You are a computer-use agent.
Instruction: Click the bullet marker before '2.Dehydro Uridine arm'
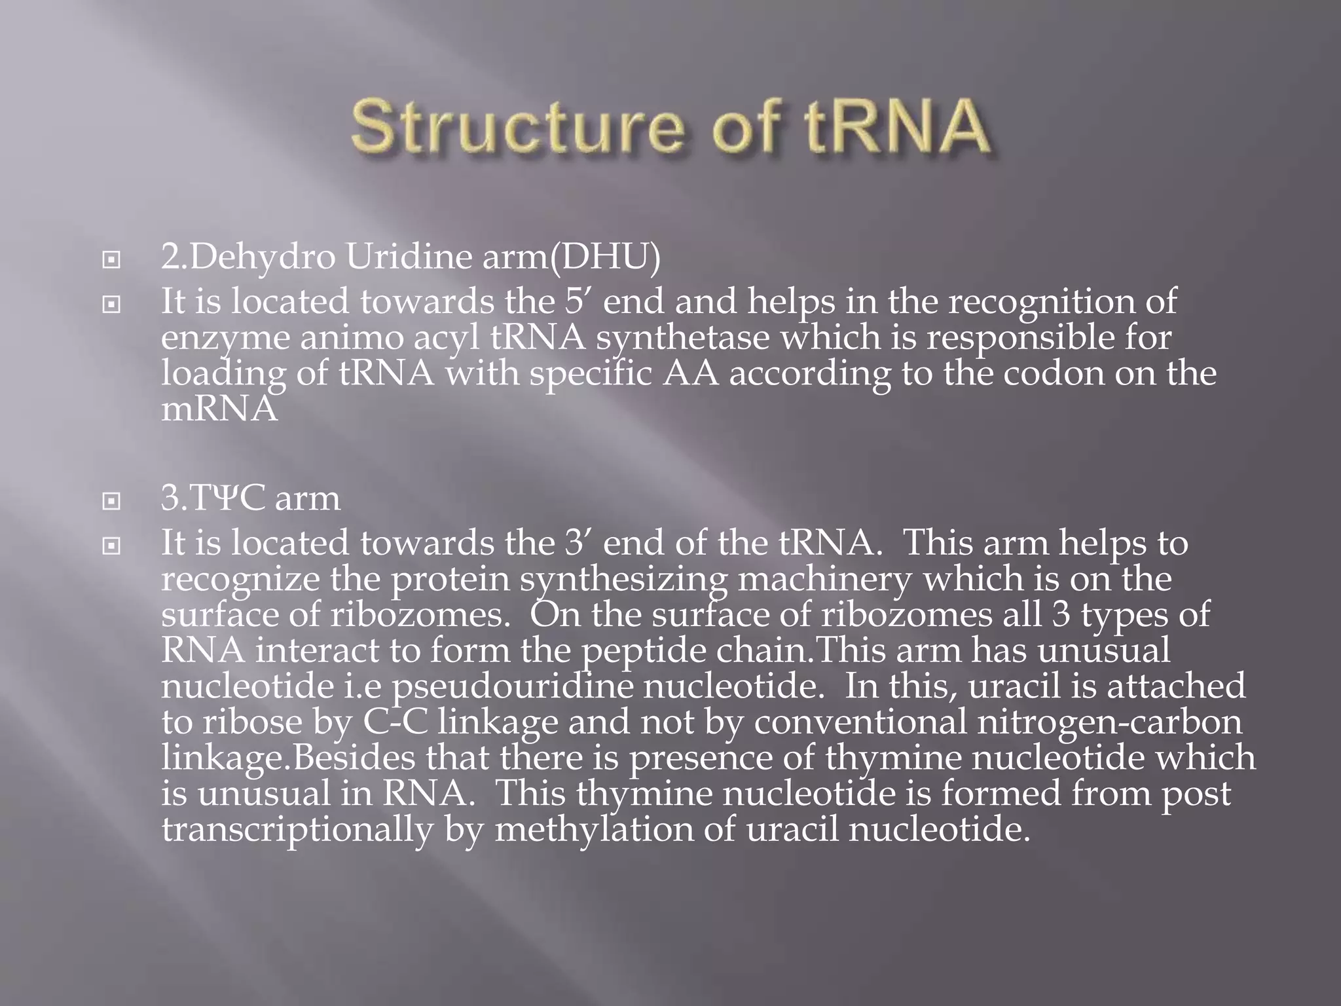tap(112, 260)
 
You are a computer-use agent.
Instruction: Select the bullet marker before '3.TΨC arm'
tap(112, 501)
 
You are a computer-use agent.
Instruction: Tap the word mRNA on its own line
tap(219, 409)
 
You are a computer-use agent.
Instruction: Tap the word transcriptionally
tap(297, 829)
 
